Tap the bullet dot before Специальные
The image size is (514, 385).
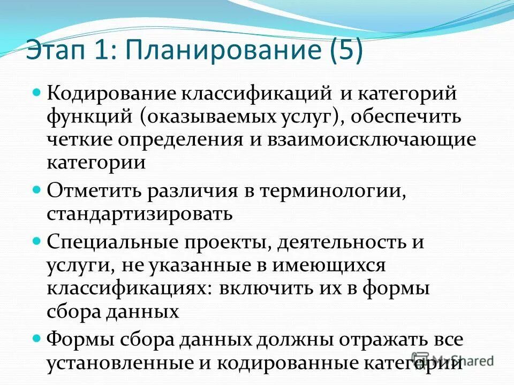pyautogui.click(x=37, y=241)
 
